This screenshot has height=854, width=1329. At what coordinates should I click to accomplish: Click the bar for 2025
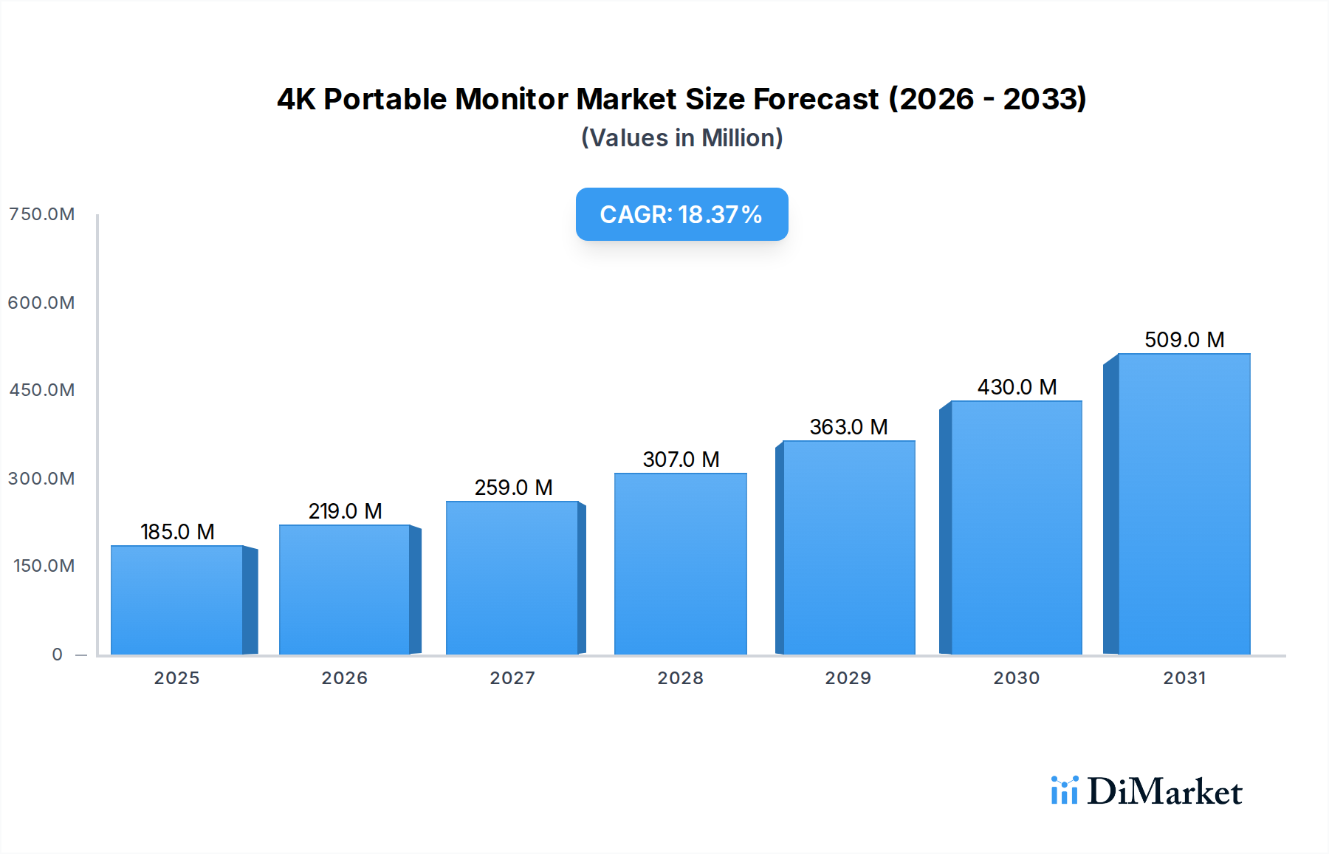pyautogui.click(x=177, y=600)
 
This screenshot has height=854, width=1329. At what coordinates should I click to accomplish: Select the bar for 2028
pyautogui.click(x=680, y=564)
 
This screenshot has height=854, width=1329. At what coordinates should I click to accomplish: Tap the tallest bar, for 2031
pyautogui.click(x=1184, y=504)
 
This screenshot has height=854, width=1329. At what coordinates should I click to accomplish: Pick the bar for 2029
pyautogui.click(x=848, y=547)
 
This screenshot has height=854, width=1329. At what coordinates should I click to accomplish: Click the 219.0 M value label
pyautogui.click(x=345, y=511)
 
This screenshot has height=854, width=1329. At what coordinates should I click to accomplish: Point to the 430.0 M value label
pyautogui.click(x=1017, y=387)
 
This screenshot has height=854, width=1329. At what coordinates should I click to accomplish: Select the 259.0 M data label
pyautogui.click(x=513, y=488)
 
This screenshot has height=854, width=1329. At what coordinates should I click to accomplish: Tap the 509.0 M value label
pyautogui.click(x=1184, y=340)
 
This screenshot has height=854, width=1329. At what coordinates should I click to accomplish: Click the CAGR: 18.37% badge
pyautogui.click(x=681, y=214)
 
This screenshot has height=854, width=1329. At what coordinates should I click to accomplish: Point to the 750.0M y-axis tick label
pyautogui.click(x=42, y=214)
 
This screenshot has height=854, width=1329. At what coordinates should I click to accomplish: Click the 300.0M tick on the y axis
pyautogui.click(x=42, y=479)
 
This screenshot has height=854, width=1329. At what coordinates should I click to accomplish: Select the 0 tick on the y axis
pyautogui.click(x=57, y=655)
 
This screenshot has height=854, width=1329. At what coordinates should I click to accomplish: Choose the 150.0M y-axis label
pyautogui.click(x=44, y=566)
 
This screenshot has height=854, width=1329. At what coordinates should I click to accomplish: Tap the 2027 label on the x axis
pyautogui.click(x=512, y=678)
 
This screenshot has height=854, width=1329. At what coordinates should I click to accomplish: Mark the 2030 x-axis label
pyautogui.click(x=1016, y=678)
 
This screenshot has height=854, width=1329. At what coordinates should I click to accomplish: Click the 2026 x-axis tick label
pyautogui.click(x=344, y=678)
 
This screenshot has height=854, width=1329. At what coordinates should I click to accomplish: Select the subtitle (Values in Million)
pyautogui.click(x=681, y=138)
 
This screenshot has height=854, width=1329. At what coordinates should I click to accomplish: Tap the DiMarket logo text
pyautogui.click(x=1164, y=792)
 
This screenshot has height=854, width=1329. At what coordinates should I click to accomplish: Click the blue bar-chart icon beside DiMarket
pyautogui.click(x=1064, y=790)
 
